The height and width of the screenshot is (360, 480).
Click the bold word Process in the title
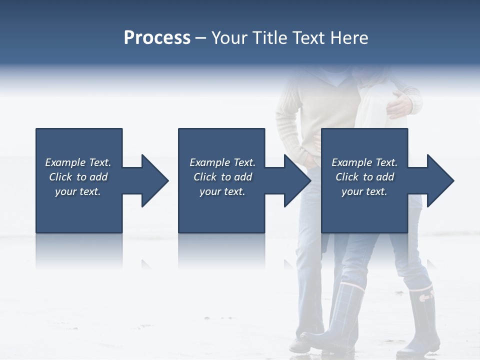[157, 38]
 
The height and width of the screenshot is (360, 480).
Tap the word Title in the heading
[269, 38]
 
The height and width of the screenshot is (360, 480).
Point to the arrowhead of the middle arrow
[297, 180]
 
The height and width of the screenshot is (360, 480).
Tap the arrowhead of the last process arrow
[440, 180]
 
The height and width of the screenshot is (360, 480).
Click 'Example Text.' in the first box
[78, 162]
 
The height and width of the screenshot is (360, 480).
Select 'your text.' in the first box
[78, 191]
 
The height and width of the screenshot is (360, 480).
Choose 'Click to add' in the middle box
[222, 177]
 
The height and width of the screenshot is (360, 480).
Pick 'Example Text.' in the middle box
[222, 162]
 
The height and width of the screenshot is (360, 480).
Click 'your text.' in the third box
[364, 191]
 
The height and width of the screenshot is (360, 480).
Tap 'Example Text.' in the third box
[364, 162]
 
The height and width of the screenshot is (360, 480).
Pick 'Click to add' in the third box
[364, 177]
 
